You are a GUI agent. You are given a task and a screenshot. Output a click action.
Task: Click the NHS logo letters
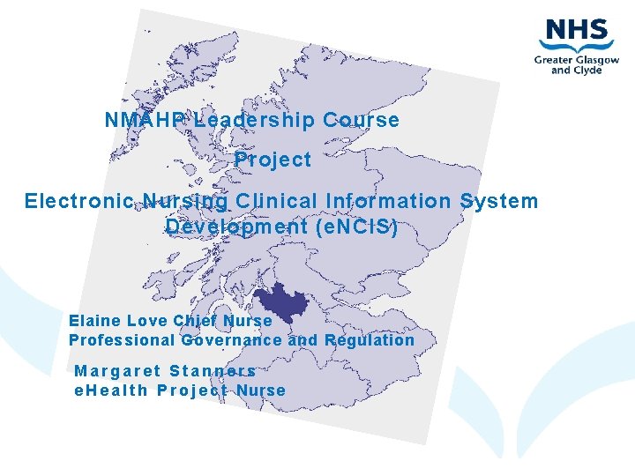576,32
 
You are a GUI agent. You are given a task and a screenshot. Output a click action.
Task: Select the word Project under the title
273,160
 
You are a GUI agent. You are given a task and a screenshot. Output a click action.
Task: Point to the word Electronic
78,201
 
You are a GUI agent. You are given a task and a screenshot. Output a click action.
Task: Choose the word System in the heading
498,201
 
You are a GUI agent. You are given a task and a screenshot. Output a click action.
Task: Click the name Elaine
95,321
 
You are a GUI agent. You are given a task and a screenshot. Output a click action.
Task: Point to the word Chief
194,321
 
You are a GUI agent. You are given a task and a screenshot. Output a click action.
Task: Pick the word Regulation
370,340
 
